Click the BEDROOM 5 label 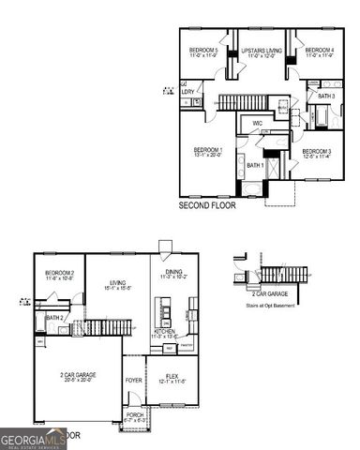coord(202,49)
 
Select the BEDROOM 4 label coord(321,49)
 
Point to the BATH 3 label coord(325,96)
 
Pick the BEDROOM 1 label coord(207,150)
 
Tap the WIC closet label coord(257,122)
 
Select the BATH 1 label coord(255,165)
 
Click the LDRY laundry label coord(187,92)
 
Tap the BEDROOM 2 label coord(60,273)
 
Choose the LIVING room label coord(117,282)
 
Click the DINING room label coord(175,273)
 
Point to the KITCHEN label coord(165,333)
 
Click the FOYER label coord(134,381)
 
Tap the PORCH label coord(135,417)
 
